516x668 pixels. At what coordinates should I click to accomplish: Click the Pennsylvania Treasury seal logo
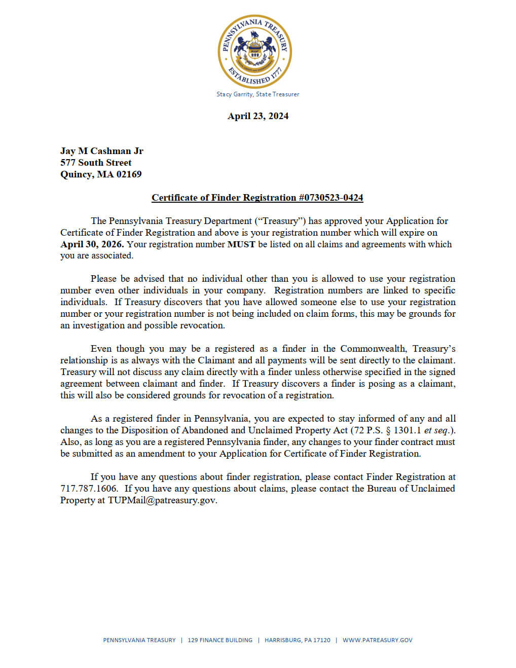pyautogui.click(x=255, y=51)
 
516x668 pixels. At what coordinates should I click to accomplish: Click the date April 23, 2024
pyautogui.click(x=257, y=116)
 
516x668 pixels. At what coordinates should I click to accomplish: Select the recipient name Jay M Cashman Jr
pyautogui.click(x=101, y=151)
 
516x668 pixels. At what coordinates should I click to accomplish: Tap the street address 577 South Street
pyautogui.click(x=95, y=163)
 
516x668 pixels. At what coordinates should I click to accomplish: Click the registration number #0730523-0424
pyautogui.click(x=330, y=198)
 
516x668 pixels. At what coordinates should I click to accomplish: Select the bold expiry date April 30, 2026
pyautogui.click(x=92, y=244)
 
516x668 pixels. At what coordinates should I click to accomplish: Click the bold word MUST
pyautogui.click(x=241, y=244)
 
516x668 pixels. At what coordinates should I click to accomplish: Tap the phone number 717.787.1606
pyautogui.click(x=88, y=489)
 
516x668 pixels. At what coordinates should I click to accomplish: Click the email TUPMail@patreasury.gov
pyautogui.click(x=162, y=500)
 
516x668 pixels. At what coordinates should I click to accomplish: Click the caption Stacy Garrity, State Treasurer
pyautogui.click(x=257, y=94)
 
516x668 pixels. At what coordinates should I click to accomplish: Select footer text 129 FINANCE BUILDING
pyautogui.click(x=220, y=640)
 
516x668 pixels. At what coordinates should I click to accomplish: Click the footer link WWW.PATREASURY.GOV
pyautogui.click(x=377, y=640)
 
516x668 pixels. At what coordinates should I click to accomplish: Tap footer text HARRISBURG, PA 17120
pyautogui.click(x=298, y=640)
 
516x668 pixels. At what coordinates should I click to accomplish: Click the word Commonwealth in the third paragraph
pyautogui.click(x=373, y=349)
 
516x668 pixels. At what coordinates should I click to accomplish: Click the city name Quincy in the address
pyautogui.click(x=76, y=174)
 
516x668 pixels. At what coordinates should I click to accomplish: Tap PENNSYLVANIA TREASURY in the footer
pyautogui.click(x=139, y=640)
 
